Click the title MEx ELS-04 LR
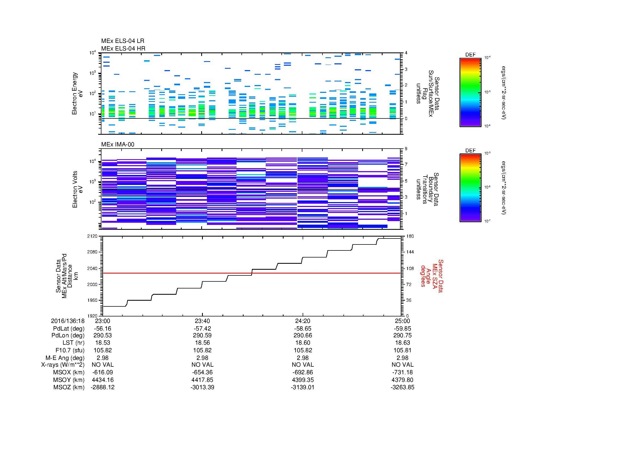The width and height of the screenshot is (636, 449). click(122, 41)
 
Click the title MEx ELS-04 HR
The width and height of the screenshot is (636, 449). click(123, 48)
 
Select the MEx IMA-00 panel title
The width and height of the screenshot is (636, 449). click(117, 145)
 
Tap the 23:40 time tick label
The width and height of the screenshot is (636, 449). click(202, 321)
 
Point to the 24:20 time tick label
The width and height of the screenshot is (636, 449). click(303, 321)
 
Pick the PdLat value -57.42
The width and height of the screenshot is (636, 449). click(202, 329)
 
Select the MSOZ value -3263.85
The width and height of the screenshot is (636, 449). click(402, 387)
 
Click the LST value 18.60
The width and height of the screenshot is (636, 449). click(303, 343)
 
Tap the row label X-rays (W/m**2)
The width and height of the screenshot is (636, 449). click(63, 365)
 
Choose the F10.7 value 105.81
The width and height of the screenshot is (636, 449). click(402, 350)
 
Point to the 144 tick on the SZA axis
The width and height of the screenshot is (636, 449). click(410, 252)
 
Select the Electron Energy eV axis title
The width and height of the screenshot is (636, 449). click(77, 93)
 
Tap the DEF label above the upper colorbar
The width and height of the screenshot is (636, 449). click(470, 55)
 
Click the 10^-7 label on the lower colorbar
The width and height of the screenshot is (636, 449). click(487, 221)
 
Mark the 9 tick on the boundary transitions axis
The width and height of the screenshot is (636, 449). click(406, 149)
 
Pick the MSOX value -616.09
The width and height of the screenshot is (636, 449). click(103, 372)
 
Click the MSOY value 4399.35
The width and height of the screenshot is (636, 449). click(303, 380)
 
